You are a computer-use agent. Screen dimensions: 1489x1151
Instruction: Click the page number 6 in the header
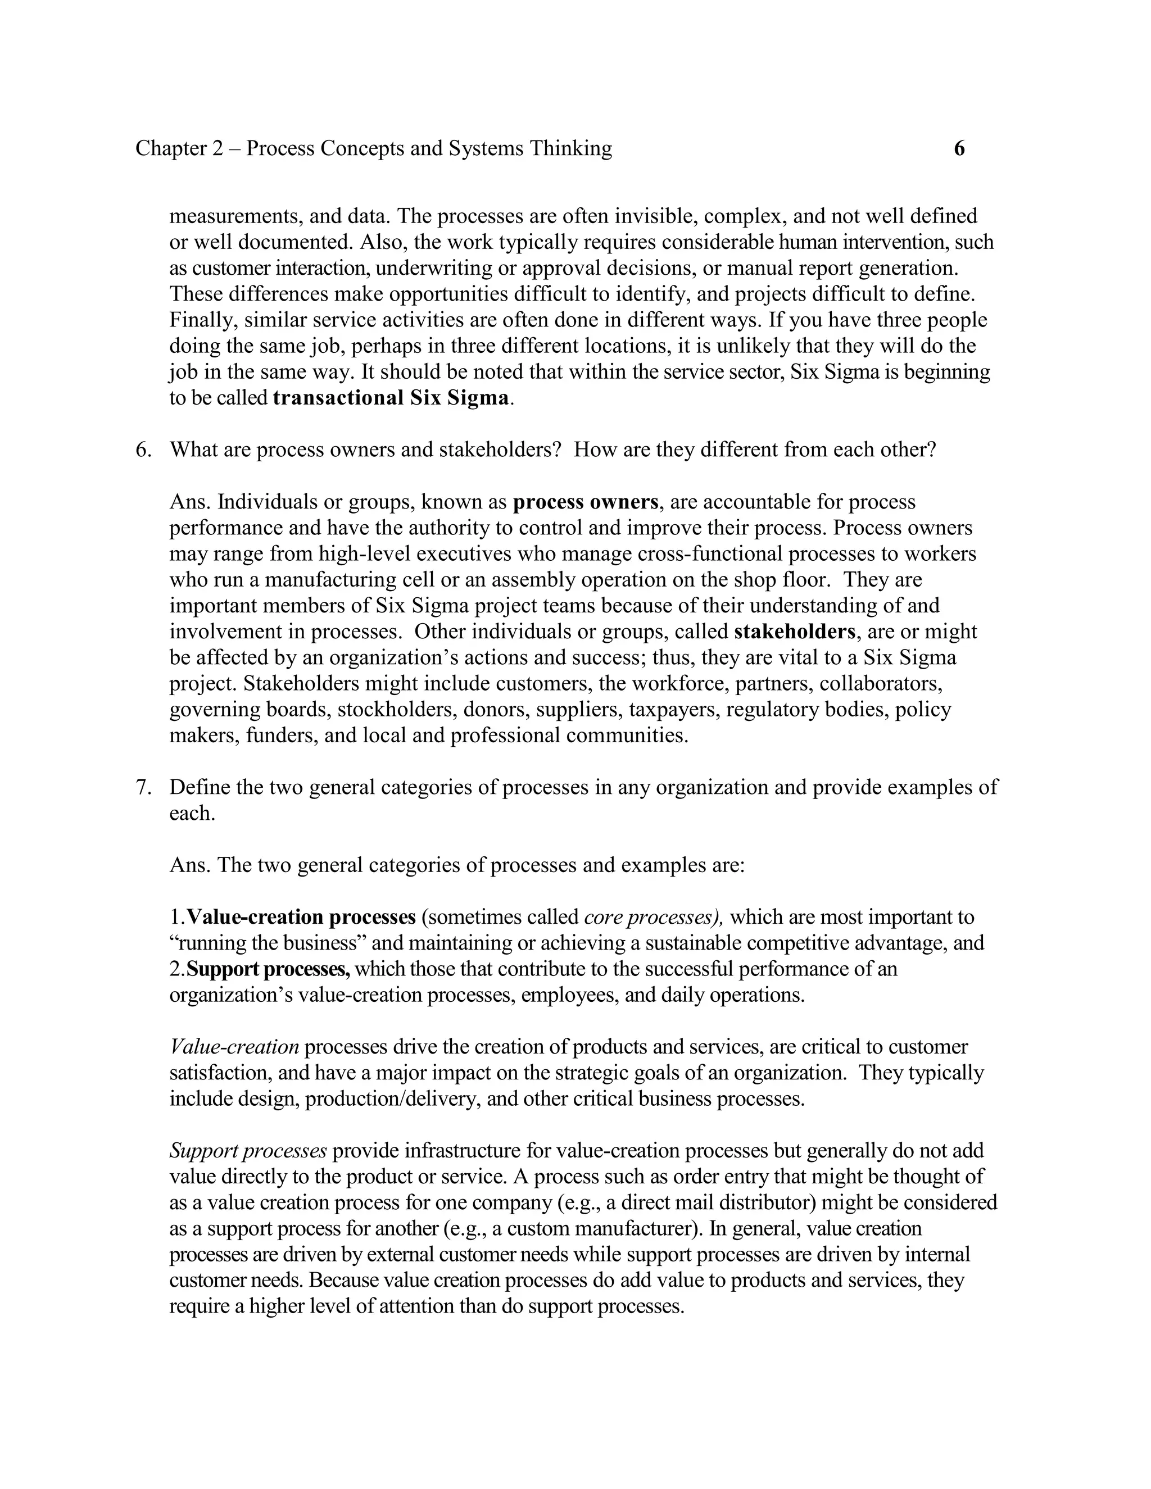coord(959,149)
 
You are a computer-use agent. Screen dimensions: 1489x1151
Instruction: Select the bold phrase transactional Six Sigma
coord(391,398)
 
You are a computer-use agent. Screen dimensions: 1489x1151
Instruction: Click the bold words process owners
coord(585,502)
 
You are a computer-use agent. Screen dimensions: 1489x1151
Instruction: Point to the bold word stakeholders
coord(794,632)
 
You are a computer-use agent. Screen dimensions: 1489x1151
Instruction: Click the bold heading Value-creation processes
coord(301,918)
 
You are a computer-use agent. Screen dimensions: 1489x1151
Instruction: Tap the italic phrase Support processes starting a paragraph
coord(248,1151)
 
